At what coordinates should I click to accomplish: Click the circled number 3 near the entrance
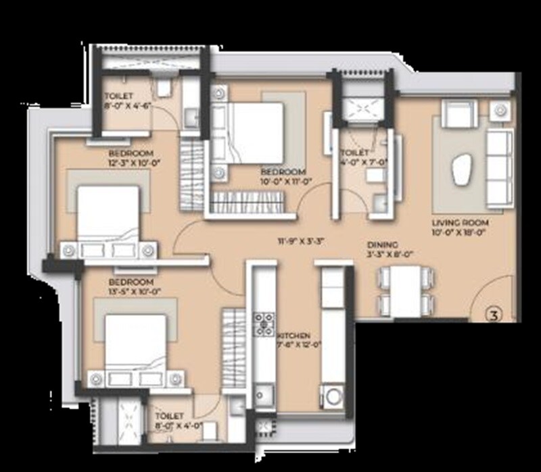click(495, 313)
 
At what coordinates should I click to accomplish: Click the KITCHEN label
click(293, 336)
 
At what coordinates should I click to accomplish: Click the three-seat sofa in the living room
click(499, 168)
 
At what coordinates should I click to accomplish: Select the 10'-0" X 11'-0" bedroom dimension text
click(283, 181)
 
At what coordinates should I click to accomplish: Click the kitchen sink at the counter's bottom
click(262, 395)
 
